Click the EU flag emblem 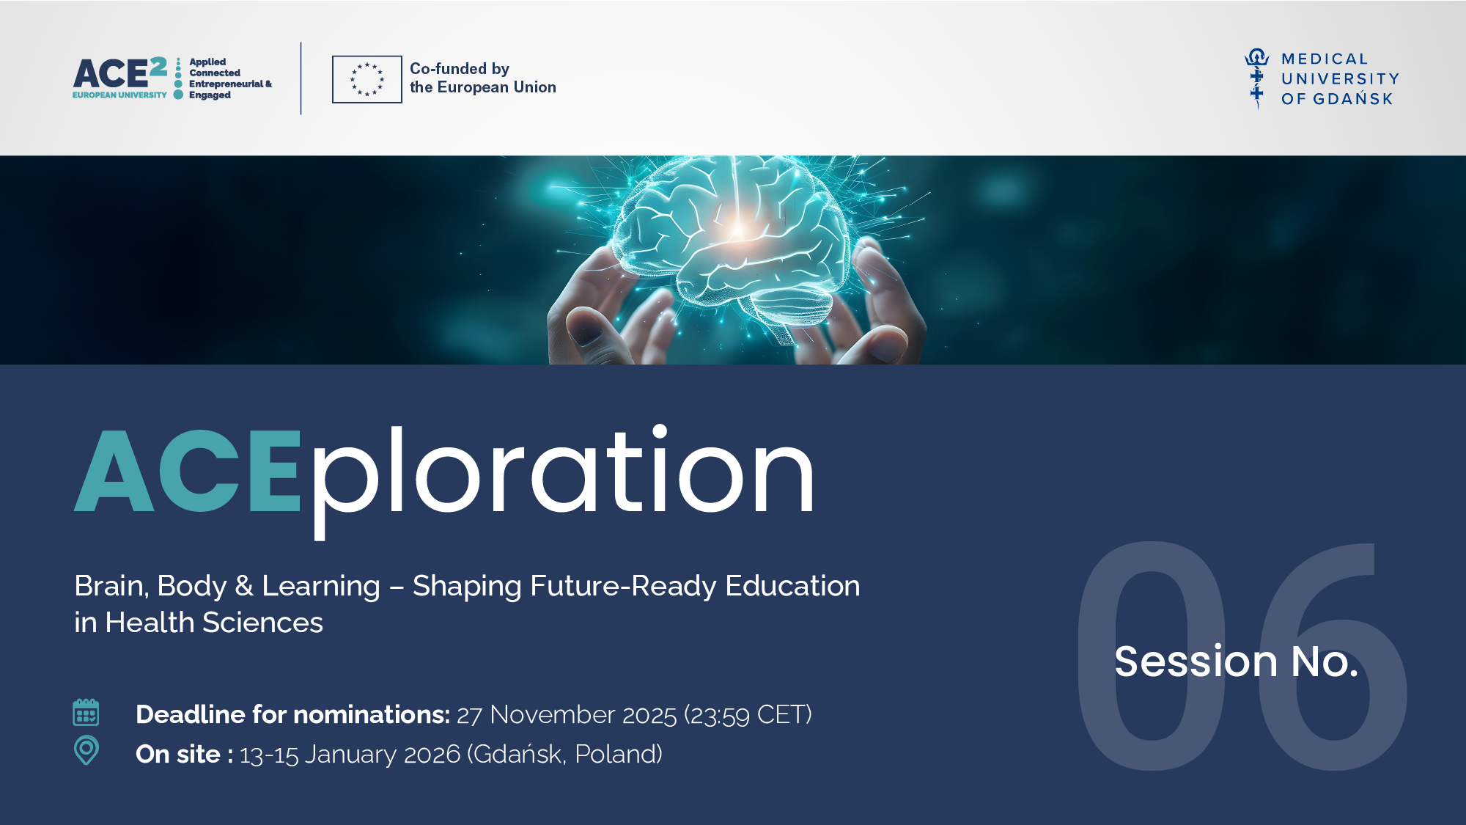(x=366, y=79)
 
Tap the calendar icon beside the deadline (x=86, y=712)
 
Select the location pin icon (x=86, y=750)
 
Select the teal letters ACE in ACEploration (x=188, y=471)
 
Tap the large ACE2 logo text (x=120, y=73)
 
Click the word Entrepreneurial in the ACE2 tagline (x=226, y=84)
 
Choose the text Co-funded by (x=460, y=69)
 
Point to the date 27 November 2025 (x=567, y=715)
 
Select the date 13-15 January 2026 (x=350, y=755)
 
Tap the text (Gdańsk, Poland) (x=565, y=755)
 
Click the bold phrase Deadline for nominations (x=293, y=714)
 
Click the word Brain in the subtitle (x=114, y=587)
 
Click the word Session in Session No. (x=1196, y=661)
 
